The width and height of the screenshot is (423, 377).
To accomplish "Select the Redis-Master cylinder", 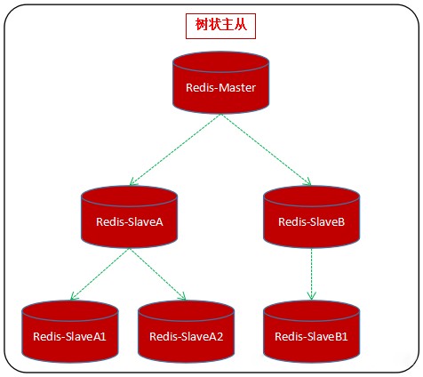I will (x=221, y=84).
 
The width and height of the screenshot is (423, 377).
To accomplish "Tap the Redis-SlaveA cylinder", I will (x=129, y=218).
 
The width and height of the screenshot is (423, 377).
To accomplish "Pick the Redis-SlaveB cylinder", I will (x=311, y=218).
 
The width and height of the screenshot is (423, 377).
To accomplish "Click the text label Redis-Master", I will (x=221, y=89).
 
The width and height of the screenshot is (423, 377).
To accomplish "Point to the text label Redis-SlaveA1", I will (x=69, y=336).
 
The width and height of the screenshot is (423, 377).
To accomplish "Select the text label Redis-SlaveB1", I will (x=311, y=336).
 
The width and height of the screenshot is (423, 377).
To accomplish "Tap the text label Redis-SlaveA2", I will (x=186, y=336).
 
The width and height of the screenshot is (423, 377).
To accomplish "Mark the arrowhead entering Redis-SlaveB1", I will (x=311, y=296).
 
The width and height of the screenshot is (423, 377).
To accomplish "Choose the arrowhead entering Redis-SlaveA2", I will (x=183, y=298).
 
